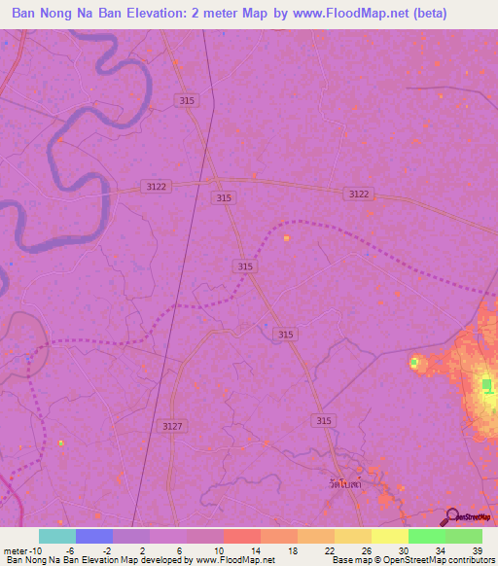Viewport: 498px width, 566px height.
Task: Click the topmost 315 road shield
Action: (188, 100)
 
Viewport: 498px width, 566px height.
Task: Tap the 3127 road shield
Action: (173, 426)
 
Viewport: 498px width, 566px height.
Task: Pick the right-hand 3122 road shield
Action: (358, 195)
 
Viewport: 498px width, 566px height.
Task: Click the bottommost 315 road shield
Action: (324, 420)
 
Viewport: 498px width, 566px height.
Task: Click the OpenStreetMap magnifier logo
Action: (450, 516)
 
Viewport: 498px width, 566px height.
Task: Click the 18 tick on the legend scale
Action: (294, 549)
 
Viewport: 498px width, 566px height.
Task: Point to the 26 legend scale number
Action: (368, 549)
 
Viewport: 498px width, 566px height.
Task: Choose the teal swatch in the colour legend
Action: (57, 536)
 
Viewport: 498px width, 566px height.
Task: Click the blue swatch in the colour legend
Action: (94, 536)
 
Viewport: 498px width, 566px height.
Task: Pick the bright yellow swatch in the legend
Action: (389, 536)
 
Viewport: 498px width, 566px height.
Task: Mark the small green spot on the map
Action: (414, 362)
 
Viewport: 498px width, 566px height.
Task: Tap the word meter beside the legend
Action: (14, 549)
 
